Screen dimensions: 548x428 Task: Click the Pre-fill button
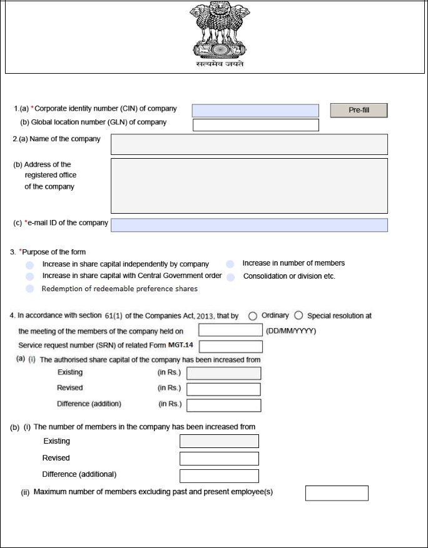click(x=359, y=111)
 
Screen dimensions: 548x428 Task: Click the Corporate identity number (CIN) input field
click(x=255, y=111)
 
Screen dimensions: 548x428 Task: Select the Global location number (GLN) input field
click(x=255, y=125)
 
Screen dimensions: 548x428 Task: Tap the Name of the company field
click(x=249, y=144)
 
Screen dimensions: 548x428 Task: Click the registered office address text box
click(x=249, y=186)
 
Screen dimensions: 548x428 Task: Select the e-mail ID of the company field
click(x=249, y=225)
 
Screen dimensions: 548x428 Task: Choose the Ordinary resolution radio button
click(x=253, y=316)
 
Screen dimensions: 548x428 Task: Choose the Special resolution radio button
click(x=298, y=316)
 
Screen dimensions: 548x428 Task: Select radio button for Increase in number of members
click(x=230, y=264)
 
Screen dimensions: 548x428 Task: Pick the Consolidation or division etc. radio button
click(x=230, y=277)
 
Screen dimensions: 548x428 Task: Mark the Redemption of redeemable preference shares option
click(x=29, y=289)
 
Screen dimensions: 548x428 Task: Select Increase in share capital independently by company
click(x=29, y=265)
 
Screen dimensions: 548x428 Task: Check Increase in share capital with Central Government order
click(x=29, y=276)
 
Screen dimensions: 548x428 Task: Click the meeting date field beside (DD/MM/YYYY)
click(x=230, y=331)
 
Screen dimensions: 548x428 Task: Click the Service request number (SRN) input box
click(x=230, y=347)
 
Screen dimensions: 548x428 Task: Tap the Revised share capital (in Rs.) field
click(x=223, y=389)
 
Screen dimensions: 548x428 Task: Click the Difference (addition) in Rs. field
click(x=223, y=405)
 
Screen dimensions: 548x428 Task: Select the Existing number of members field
click(x=219, y=441)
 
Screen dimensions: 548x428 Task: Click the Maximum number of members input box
click(x=337, y=493)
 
